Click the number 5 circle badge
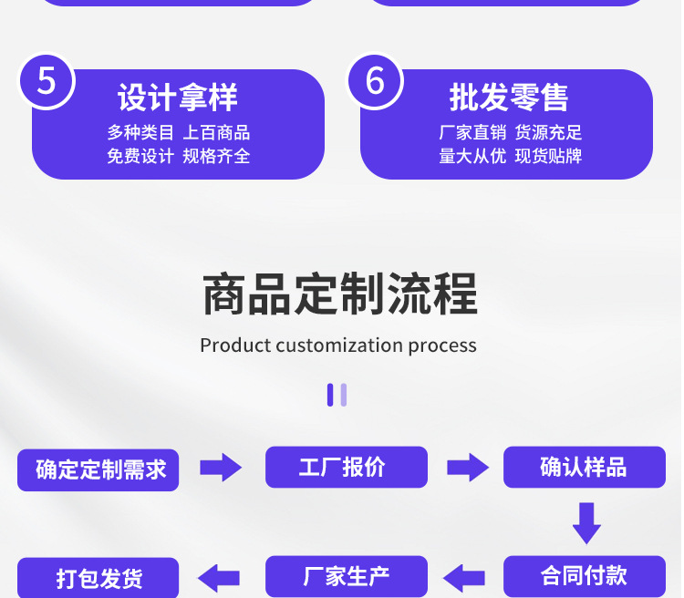tap(47, 80)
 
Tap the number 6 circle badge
tap(375, 80)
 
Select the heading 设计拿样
tap(178, 98)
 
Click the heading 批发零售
tap(509, 98)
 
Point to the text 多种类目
tap(140, 133)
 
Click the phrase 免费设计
tap(140, 156)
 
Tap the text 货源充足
tap(548, 133)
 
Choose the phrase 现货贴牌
tap(548, 156)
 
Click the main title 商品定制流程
tap(339, 294)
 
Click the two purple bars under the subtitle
tap(337, 395)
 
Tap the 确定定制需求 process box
tap(98, 469)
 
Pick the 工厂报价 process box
tap(346, 468)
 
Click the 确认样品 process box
tap(584, 468)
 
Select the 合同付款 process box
tap(584, 576)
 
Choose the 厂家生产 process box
tap(346, 576)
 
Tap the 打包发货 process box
tap(98, 578)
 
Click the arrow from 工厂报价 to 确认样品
tap(467, 468)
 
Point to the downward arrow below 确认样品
tap(586, 523)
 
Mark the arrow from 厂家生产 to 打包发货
tap(220, 577)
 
